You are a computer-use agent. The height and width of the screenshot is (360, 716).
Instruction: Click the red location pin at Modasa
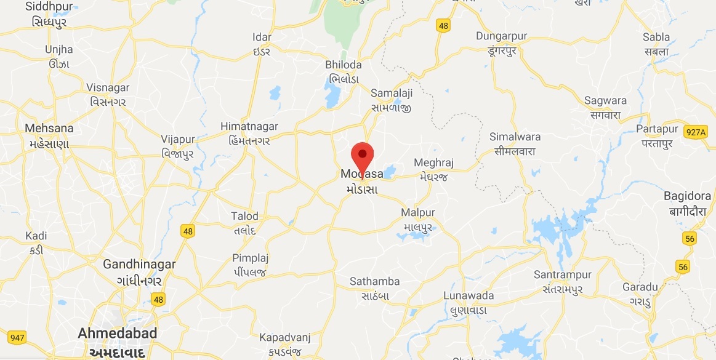[x=363, y=154]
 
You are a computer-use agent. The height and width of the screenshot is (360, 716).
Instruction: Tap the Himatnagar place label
[x=249, y=132]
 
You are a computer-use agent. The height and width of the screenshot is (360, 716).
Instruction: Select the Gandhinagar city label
[x=139, y=271]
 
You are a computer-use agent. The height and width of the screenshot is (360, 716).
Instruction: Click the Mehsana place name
[x=49, y=135]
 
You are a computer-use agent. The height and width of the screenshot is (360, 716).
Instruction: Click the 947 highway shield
[x=17, y=337]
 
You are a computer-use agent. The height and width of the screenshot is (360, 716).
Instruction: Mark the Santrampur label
[x=563, y=281]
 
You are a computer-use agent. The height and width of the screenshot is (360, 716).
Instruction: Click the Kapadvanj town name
[x=284, y=343]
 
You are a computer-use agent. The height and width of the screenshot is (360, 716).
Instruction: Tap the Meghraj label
[x=433, y=169]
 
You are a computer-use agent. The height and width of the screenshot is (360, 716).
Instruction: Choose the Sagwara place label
[x=606, y=107]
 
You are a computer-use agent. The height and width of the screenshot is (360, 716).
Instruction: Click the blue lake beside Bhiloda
[x=332, y=95]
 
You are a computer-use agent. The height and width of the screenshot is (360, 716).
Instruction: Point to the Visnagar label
[x=108, y=94]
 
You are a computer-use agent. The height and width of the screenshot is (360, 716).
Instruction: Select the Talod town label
[x=244, y=223]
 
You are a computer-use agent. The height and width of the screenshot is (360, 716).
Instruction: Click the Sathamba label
[x=374, y=288]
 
